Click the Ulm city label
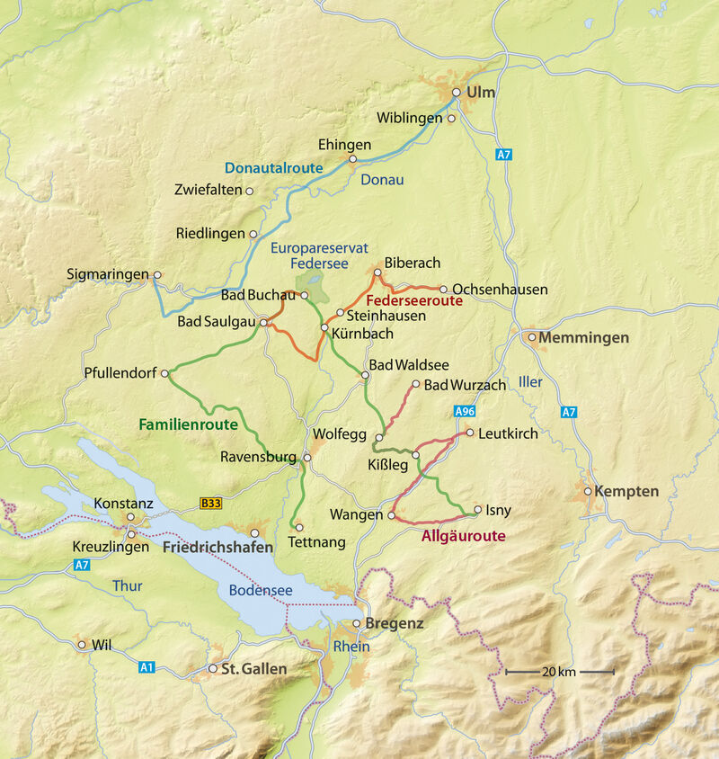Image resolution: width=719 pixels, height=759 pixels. coord(481,93)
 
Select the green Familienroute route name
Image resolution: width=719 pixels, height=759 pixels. coord(188,424)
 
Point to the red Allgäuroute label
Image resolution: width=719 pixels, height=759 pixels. coord(463,537)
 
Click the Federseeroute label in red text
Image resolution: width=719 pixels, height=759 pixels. coord(414,302)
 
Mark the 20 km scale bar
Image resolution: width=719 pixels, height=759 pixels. coord(559,672)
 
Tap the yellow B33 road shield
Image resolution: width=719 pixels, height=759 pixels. coord(210,504)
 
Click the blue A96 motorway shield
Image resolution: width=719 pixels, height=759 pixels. coord(464,411)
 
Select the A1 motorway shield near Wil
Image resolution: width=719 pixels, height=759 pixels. coord(146,667)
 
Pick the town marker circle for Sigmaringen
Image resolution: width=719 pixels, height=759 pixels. coord(157,275)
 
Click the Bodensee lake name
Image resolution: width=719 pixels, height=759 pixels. coord(261,591)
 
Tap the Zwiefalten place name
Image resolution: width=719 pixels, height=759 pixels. coord(209,191)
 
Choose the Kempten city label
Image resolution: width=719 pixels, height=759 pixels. coord(627,492)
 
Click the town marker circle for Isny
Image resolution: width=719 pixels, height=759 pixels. coord(477,509)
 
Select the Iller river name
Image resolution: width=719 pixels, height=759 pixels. coord(530,382)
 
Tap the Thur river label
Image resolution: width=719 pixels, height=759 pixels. coord(128,586)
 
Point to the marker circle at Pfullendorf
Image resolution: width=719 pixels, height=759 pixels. coord(164,373)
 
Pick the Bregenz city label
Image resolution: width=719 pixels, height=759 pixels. coord(395,623)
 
